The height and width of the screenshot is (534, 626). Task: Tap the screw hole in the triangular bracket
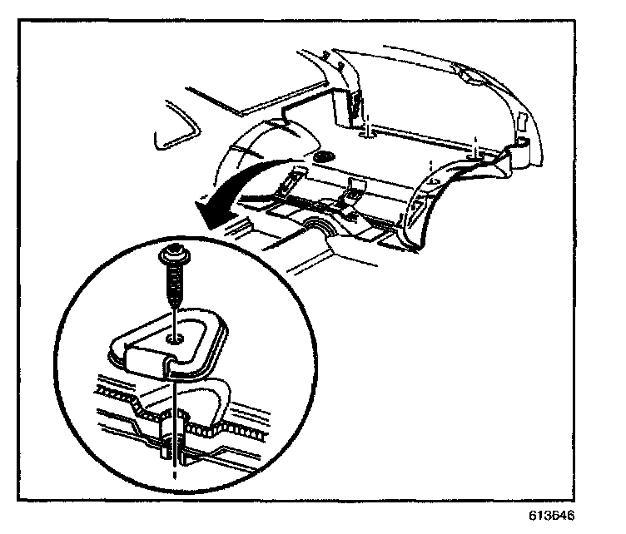174,338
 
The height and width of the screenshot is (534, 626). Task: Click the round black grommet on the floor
324,158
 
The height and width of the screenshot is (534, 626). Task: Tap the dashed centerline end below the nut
174,477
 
